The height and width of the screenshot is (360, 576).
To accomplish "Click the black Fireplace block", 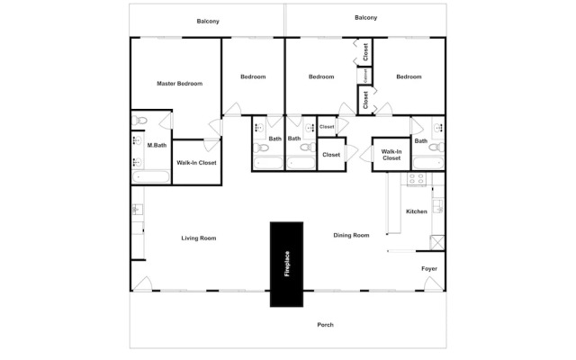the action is pyautogui.click(x=286, y=264).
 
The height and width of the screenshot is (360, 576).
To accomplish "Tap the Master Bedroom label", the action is pyautogui.click(x=180, y=84).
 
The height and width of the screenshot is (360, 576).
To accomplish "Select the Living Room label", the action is pyautogui.click(x=199, y=238).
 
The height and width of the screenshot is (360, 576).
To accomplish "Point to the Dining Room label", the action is pyautogui.click(x=351, y=235).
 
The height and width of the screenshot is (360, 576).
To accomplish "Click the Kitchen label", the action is pyautogui.click(x=417, y=211).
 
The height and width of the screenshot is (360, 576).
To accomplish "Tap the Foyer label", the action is pyautogui.click(x=429, y=268).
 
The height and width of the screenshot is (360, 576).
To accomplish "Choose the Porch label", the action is pyautogui.click(x=326, y=325).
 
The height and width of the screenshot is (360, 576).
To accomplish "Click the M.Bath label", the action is pyautogui.click(x=157, y=145).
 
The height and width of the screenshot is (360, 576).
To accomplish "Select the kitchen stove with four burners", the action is pyautogui.click(x=417, y=179).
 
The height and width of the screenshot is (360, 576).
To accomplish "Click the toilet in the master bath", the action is pyautogui.click(x=139, y=120).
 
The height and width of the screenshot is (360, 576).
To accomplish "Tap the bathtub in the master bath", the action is pyautogui.click(x=151, y=176).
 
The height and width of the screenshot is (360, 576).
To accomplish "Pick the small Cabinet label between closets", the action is pyautogui.click(x=365, y=76).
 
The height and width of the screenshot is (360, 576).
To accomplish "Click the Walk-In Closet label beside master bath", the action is pyautogui.click(x=196, y=162).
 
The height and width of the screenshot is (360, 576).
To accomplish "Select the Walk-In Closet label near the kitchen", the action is pyautogui.click(x=391, y=155).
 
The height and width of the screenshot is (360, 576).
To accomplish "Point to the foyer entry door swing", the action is pyautogui.click(x=434, y=284).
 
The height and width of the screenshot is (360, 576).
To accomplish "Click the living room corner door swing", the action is pyautogui.click(x=142, y=284).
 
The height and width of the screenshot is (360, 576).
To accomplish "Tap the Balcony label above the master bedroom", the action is pyautogui.click(x=208, y=22).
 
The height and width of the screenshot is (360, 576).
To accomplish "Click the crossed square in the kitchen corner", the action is pyautogui.click(x=437, y=243).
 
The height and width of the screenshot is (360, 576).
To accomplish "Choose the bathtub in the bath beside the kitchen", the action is pyautogui.click(x=428, y=163).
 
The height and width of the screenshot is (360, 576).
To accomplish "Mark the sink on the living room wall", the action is pyautogui.click(x=137, y=210).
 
